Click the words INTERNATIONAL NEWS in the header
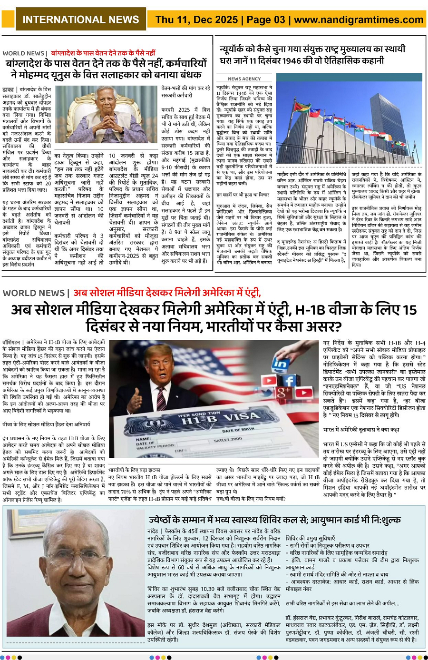pyautogui.click(x=80, y=20)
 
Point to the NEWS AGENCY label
pyautogui.click(x=244, y=79)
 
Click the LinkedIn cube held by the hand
pyautogui.click(x=280, y=364)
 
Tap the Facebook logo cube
pyautogui.click(x=289, y=381)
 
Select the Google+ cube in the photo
pyautogui.click(x=283, y=393)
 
